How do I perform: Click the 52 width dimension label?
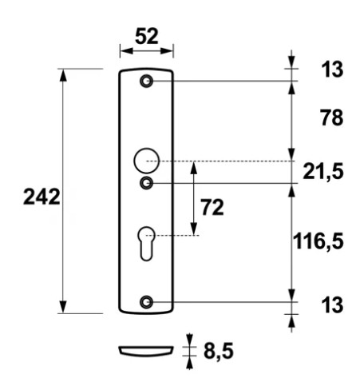pos(145,36)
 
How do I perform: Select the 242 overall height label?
pos(42,197)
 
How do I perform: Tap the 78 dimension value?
pos(327,118)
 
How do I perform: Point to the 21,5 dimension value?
pos(325,170)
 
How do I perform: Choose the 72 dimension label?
pos(212,208)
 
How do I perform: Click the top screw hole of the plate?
pos(146,82)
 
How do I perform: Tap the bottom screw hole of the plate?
pos(146,302)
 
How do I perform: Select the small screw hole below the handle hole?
pos(146,184)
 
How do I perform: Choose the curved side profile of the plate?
pos(145,350)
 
